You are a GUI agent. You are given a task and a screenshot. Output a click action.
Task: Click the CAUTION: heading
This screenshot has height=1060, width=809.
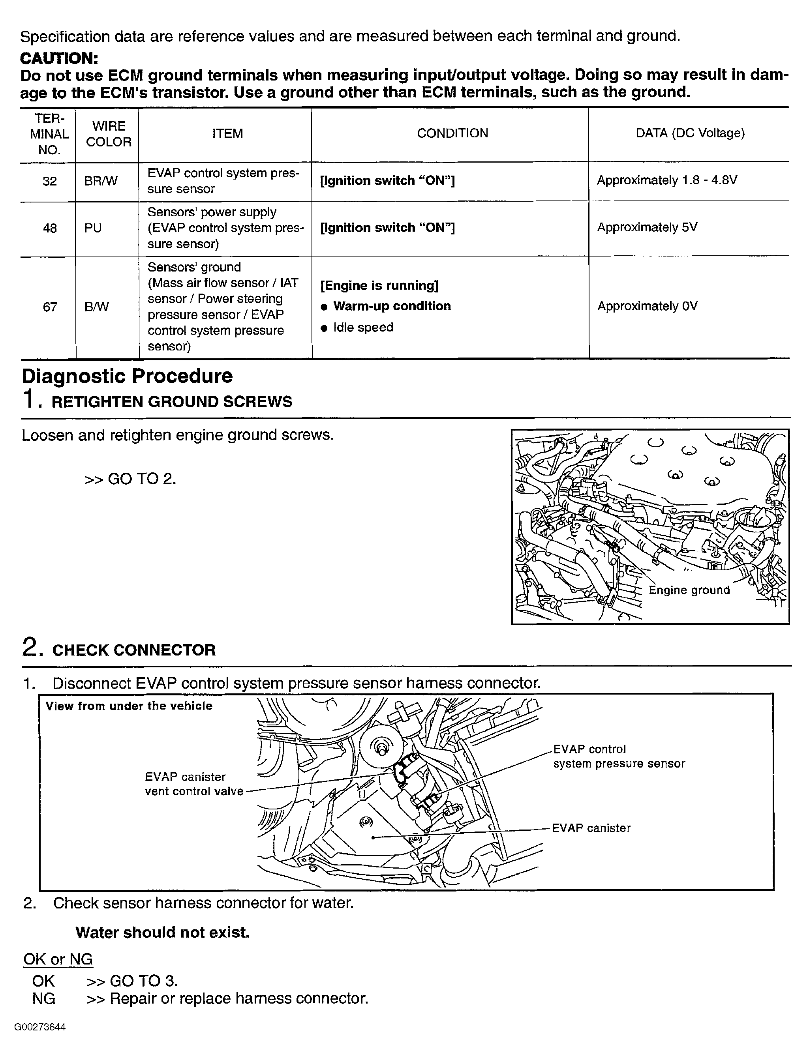[59, 58]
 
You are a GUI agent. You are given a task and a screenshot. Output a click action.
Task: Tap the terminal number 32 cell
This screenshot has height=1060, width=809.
[50, 181]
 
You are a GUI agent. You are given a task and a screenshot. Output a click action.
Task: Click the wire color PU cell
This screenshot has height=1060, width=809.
[93, 228]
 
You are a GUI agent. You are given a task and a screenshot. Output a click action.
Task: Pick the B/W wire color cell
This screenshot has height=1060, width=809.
[96, 307]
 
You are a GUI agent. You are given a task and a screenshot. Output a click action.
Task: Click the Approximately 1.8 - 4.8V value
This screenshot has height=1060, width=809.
[667, 180]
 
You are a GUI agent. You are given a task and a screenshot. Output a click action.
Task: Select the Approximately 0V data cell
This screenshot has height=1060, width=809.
[647, 306]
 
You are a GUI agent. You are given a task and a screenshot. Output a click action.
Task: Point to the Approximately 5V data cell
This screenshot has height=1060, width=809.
[647, 227]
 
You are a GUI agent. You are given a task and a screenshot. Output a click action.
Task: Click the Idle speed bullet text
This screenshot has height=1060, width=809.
[363, 327]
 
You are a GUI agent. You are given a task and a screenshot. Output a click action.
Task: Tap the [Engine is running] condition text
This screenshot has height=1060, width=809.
[379, 285]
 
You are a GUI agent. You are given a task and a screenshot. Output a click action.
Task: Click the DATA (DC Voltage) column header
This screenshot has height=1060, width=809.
[690, 133]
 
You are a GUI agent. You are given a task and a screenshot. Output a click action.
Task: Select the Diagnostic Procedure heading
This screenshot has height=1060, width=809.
[127, 376]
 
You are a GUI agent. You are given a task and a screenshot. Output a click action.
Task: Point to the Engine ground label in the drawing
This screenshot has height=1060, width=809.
[689, 590]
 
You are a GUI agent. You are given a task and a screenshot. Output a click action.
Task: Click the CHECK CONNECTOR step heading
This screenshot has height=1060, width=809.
[133, 650]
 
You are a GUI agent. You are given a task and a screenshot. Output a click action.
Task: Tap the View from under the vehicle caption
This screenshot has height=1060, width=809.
[129, 706]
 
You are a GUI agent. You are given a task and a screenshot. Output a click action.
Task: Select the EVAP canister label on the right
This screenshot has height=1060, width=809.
[591, 828]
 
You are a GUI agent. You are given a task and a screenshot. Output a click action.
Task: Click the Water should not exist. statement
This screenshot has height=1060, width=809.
[162, 933]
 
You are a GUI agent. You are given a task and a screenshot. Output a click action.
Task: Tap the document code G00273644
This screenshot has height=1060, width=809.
[40, 1027]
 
